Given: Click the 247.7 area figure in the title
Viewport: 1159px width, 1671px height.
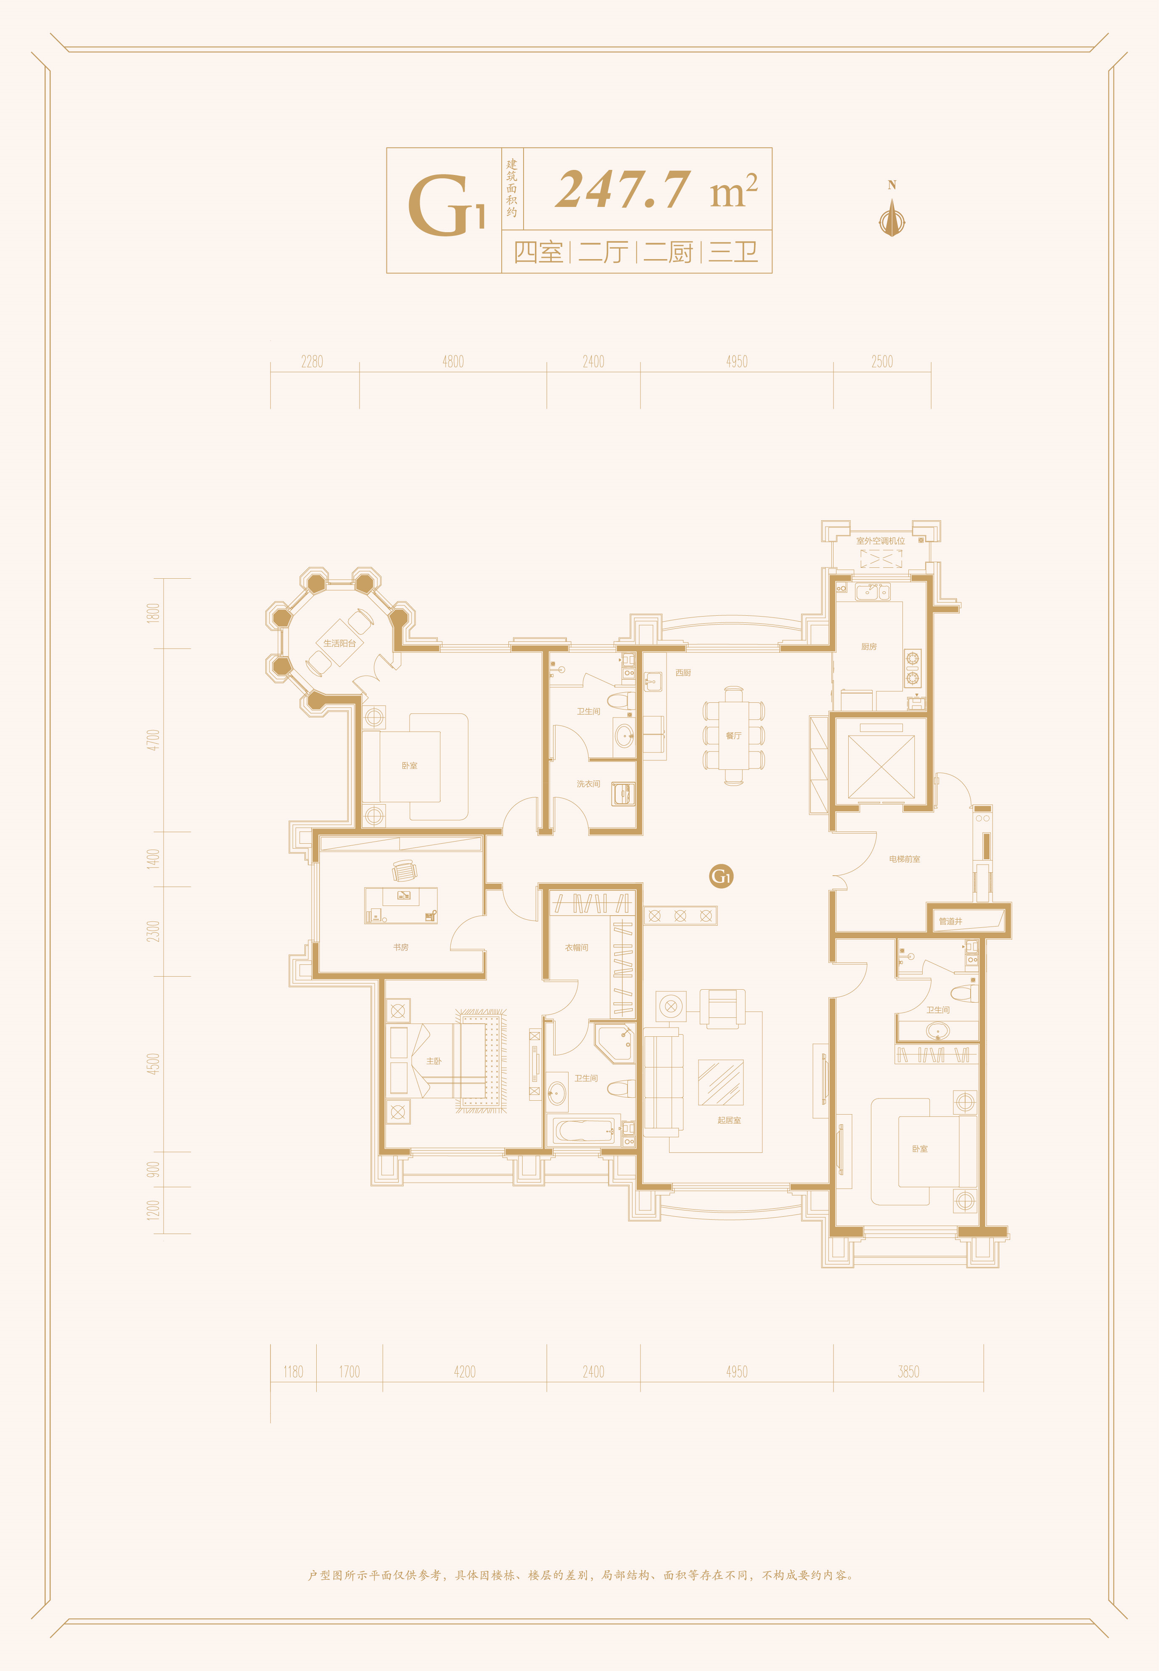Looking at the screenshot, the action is pyautogui.click(x=622, y=190).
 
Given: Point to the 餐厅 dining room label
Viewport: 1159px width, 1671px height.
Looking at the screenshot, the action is pyautogui.click(x=733, y=736).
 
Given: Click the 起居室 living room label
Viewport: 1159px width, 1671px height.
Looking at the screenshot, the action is pyautogui.click(x=729, y=1120).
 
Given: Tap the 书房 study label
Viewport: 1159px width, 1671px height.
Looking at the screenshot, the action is pyautogui.click(x=401, y=947).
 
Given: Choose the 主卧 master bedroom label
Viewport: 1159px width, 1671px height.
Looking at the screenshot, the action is pyautogui.click(x=434, y=1061).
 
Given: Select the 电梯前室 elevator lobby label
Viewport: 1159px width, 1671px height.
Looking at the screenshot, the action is pyautogui.click(x=904, y=859).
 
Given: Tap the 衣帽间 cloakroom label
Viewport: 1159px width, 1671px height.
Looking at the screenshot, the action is pyautogui.click(x=577, y=948).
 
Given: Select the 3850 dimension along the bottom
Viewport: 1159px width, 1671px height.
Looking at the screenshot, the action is pyautogui.click(x=908, y=1372).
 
